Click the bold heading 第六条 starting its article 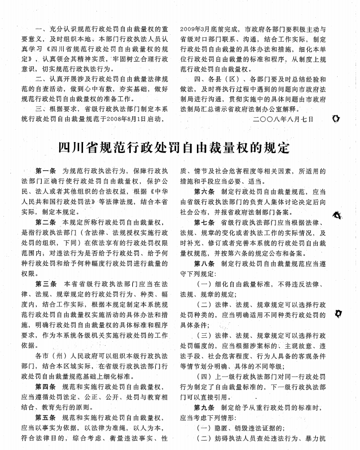(x=205, y=191)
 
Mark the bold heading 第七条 (x=205, y=222)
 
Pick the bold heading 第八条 (x=205, y=264)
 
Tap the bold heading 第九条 (x=205, y=407)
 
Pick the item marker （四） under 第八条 (x=207, y=376)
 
